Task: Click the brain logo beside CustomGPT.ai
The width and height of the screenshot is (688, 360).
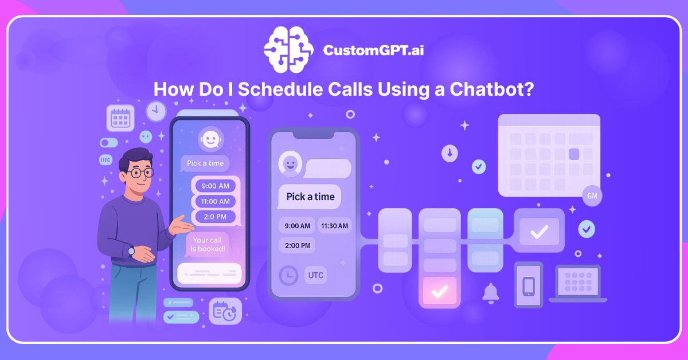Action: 288,50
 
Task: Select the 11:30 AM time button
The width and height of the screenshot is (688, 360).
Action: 335,226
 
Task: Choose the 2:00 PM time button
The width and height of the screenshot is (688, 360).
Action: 298,245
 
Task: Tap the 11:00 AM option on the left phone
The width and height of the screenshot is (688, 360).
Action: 216,201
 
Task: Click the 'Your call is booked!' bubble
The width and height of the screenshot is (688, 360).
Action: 208,245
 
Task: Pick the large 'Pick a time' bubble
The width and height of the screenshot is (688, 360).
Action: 310,197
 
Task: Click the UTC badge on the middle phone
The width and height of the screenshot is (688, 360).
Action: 316,275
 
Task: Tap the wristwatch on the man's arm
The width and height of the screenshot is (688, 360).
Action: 131,251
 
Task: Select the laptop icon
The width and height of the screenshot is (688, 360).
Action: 578,283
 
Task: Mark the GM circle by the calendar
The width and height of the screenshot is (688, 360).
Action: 592,196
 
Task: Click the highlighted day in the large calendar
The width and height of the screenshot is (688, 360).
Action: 574,154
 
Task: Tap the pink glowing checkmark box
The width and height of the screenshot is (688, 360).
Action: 440,292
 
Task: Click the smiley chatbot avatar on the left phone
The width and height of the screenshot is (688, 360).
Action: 210,139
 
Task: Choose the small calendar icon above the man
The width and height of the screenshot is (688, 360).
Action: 120,119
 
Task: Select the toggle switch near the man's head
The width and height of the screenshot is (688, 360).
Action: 108,142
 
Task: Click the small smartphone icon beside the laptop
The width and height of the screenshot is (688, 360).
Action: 529,284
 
